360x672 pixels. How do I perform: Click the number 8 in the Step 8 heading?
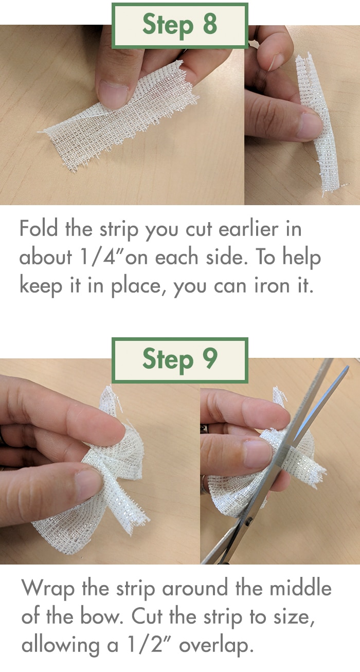pyautogui.click(x=210, y=24)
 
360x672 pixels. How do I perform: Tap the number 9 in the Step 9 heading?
pyautogui.click(x=210, y=358)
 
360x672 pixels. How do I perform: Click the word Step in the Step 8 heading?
pyautogui.click(x=168, y=26)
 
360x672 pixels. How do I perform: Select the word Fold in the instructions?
pyautogui.click(x=39, y=228)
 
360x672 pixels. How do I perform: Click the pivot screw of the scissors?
pyautogui.click(x=248, y=522)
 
